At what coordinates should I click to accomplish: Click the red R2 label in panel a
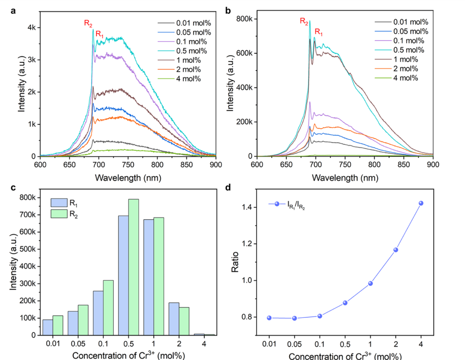pos(88,23)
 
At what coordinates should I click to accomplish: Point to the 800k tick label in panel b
pos(245,19)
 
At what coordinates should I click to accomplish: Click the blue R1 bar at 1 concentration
pos(149,277)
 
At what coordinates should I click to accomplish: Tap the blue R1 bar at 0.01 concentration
pos(48,327)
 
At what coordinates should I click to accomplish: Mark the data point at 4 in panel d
pos(421,203)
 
